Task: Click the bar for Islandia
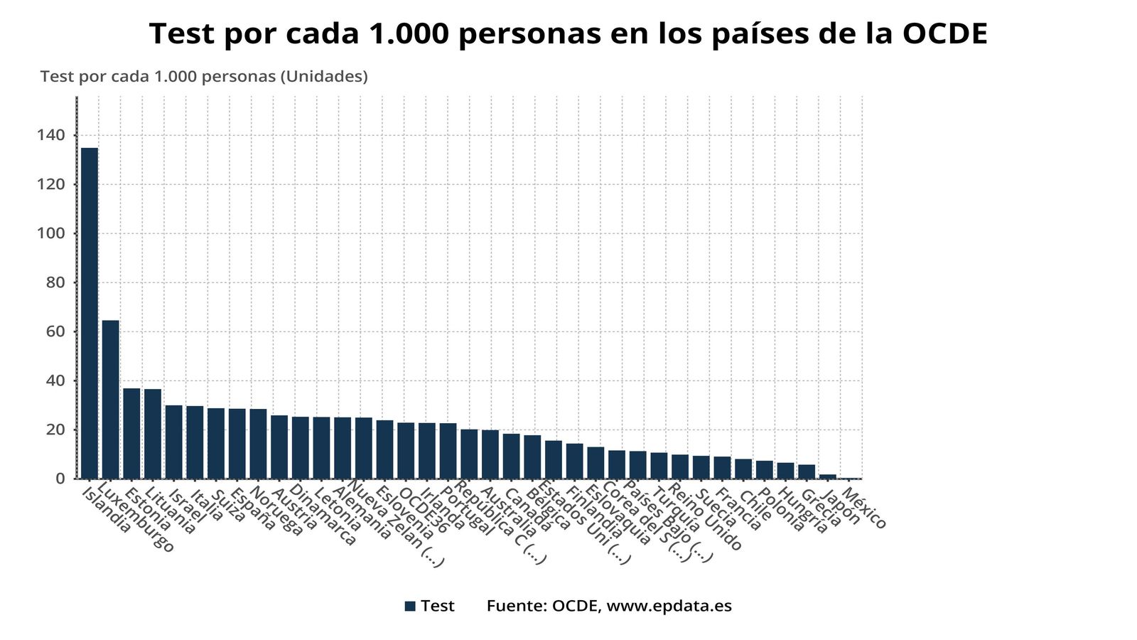(90, 313)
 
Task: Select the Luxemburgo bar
(111, 400)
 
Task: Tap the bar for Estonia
(131, 434)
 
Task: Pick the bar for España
(237, 444)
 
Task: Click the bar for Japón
(827, 476)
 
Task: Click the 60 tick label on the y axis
(55, 331)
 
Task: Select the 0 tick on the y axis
(60, 479)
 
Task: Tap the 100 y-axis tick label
(50, 233)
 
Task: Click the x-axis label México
(864, 509)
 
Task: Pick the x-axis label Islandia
(107, 511)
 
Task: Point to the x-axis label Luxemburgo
(135, 519)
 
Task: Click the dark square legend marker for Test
(410, 606)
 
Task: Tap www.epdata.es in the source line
(669, 606)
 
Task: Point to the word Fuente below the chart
(515, 606)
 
